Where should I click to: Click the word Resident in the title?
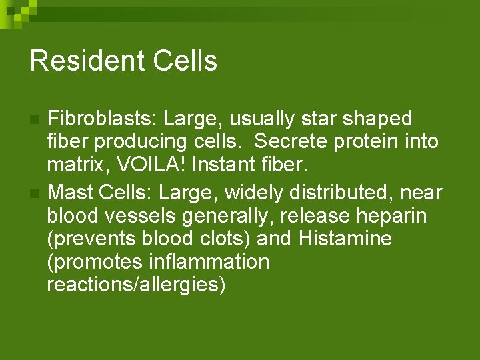pos(87,61)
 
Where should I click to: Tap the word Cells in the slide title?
pos(185,61)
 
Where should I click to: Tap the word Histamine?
pos(345,239)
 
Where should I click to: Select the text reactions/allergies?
pos(137,285)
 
